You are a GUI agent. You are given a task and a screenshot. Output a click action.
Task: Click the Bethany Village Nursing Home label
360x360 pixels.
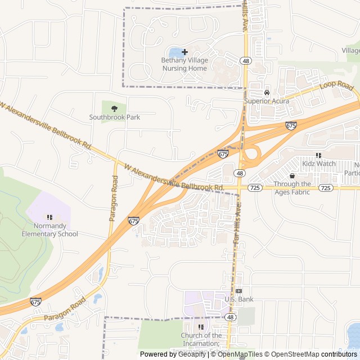coord(184,64)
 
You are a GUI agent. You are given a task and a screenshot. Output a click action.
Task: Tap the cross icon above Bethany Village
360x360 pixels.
coord(184,52)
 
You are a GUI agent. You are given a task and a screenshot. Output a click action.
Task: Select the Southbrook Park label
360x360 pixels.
coord(115,117)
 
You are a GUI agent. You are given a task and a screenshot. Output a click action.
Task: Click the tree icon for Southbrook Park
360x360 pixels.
coord(115,108)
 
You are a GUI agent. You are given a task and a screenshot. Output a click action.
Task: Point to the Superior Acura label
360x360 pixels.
coord(267,101)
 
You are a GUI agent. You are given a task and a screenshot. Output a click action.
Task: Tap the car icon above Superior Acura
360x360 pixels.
coord(267,93)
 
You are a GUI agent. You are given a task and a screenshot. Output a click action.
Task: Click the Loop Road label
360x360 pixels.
coord(336,87)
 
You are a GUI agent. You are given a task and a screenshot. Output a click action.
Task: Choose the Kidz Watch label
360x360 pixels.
coord(318,163)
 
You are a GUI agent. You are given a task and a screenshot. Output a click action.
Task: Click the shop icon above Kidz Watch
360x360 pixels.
coord(318,155)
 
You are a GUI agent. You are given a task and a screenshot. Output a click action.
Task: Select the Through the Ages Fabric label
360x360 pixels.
coord(292,188)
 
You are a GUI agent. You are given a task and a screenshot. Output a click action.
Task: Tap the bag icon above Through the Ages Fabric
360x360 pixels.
coord(292,176)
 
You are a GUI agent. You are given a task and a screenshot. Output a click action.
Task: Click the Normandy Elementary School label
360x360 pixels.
coord(49,230)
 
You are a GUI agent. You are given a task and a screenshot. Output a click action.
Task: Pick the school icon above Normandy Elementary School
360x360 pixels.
coord(49,217)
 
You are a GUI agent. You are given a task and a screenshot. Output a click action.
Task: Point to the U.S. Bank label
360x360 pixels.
coord(239,299)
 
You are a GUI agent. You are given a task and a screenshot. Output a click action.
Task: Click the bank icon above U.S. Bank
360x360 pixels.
coord(239,291)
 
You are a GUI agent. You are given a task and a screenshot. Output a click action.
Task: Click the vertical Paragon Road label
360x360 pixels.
coord(114,198)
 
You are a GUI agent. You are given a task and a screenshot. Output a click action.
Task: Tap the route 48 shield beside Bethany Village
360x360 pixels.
coord(246,60)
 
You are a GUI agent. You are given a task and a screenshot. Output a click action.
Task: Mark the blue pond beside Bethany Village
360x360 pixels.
coord(175,53)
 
